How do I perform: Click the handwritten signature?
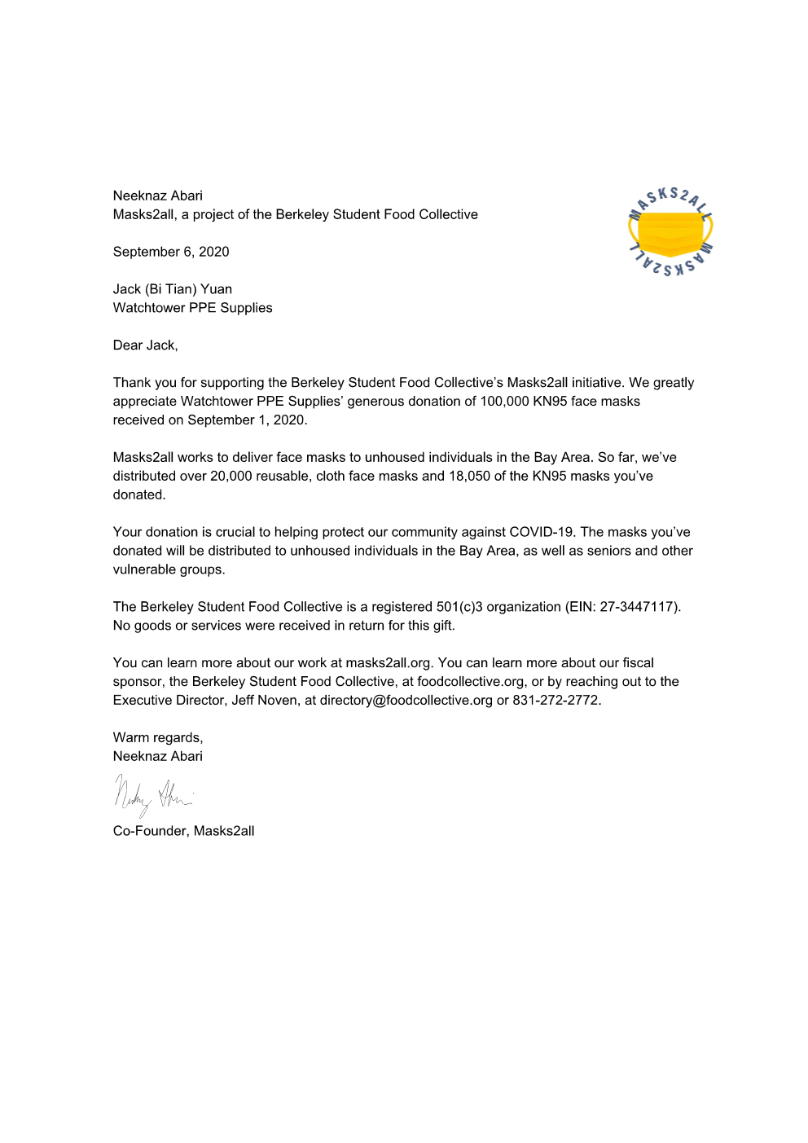pyautogui.click(x=152, y=794)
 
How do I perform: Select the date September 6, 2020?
pyautogui.click(x=171, y=252)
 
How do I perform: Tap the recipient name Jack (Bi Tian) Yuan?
pyautogui.click(x=173, y=289)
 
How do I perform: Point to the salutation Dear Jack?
pyautogui.click(x=145, y=345)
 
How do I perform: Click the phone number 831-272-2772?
pyautogui.click(x=555, y=701)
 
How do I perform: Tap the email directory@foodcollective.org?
pyautogui.click(x=406, y=701)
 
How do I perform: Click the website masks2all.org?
pyautogui.click(x=388, y=663)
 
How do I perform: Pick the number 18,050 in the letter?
pyautogui.click(x=469, y=477)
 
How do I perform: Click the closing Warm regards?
pyautogui.click(x=158, y=738)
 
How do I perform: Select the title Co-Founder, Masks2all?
pyautogui.click(x=183, y=831)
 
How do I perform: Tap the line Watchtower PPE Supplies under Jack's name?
pyautogui.click(x=192, y=308)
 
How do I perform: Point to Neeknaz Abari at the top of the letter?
pyautogui.click(x=158, y=196)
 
